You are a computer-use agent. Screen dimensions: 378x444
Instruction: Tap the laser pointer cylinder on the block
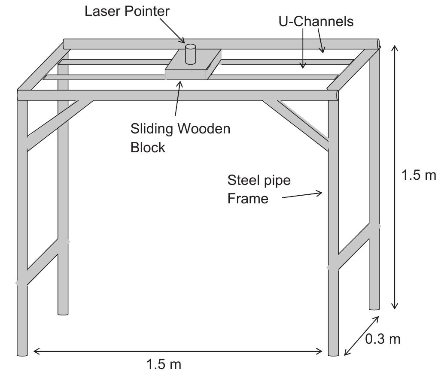pyautogui.click(x=190, y=54)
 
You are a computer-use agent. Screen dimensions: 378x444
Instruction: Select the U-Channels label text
pyautogui.click(x=316, y=21)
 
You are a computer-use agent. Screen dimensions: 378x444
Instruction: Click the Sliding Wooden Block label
pyautogui.click(x=180, y=138)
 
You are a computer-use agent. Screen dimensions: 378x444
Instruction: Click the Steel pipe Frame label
pyautogui.click(x=259, y=189)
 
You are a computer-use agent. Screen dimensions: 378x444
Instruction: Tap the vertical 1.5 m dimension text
pyautogui.click(x=419, y=175)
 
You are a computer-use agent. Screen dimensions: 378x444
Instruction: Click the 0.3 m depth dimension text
pyautogui.click(x=383, y=339)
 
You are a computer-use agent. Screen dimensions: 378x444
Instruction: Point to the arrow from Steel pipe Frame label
pyautogui.click(x=301, y=195)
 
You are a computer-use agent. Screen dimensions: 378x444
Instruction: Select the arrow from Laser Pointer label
pyautogui.click(x=174, y=31)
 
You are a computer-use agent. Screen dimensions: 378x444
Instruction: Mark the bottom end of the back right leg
pyautogui.click(x=374, y=307)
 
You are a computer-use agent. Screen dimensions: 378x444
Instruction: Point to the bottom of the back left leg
pyautogui.click(x=63, y=312)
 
